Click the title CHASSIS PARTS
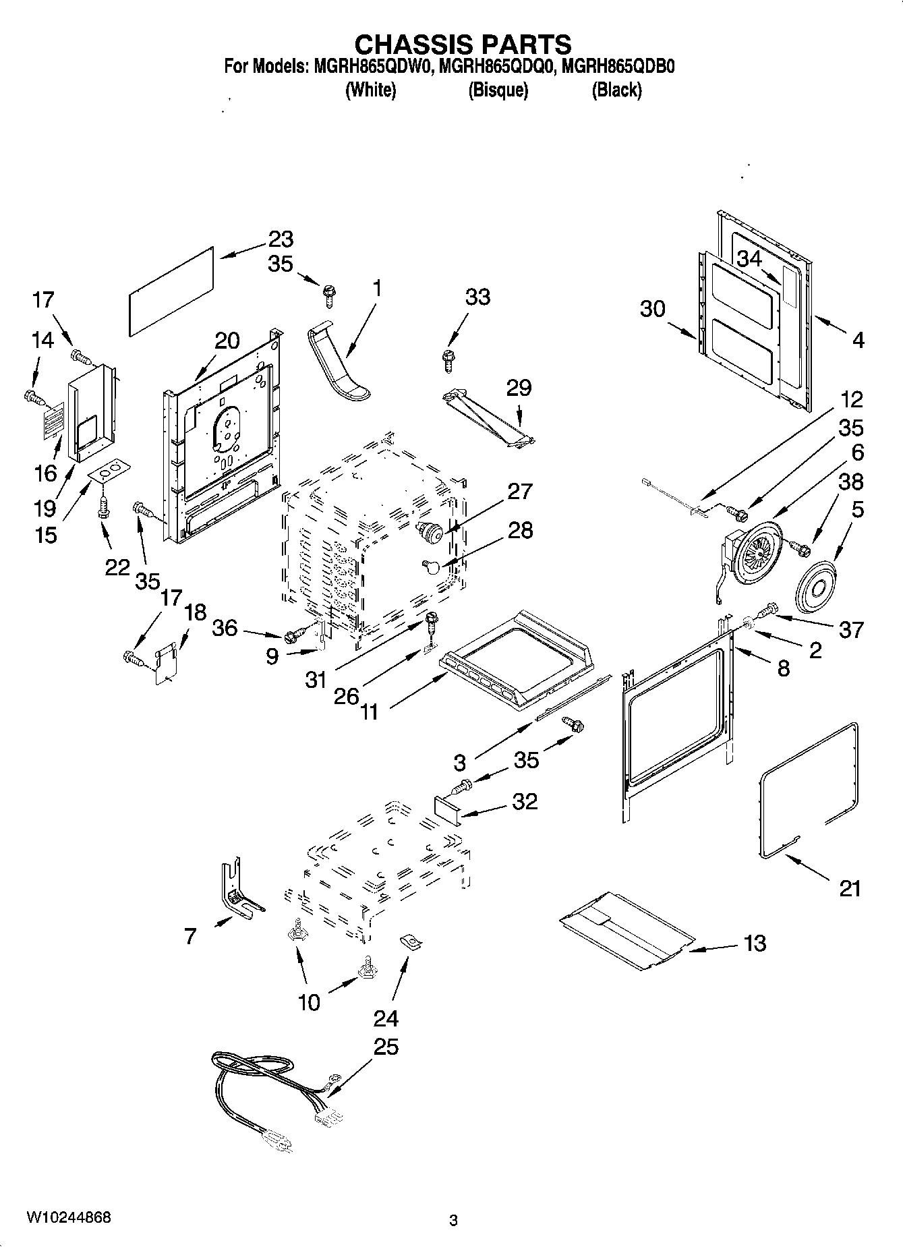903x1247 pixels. point(463,45)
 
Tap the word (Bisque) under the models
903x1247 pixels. point(498,90)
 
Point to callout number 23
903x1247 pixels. point(281,239)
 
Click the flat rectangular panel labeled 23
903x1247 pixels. point(171,289)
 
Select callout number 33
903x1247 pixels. point(477,297)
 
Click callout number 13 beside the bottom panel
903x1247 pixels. point(755,943)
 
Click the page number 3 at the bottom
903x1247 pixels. point(453,1219)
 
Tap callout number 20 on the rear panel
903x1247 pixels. point(227,341)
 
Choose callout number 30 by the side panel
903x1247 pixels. point(652,309)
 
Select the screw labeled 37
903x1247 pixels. point(769,611)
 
